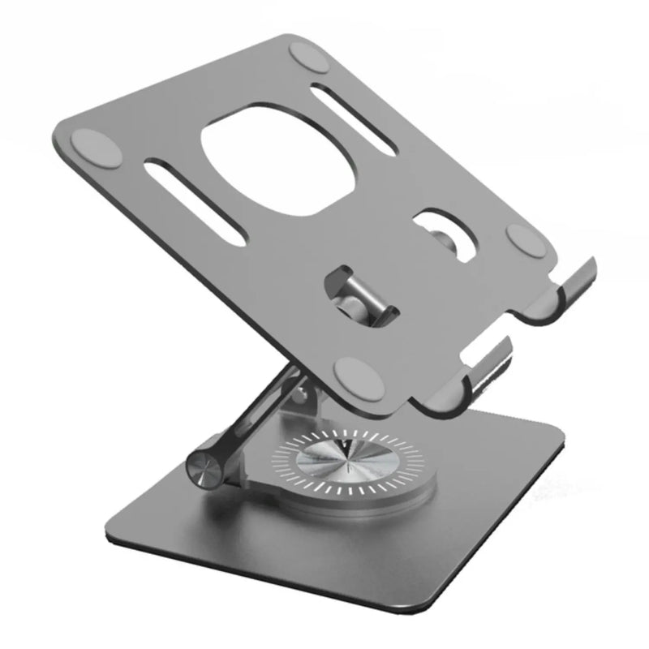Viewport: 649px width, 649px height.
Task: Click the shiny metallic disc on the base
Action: tap(348, 463)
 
